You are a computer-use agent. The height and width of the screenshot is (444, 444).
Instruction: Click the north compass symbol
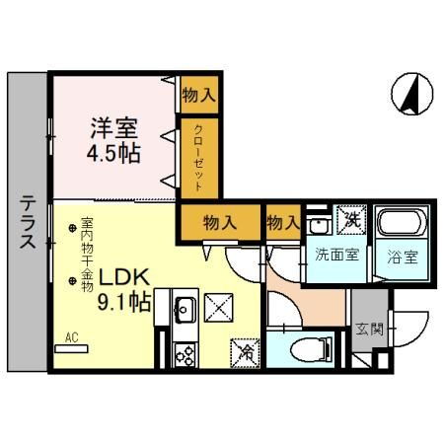411,94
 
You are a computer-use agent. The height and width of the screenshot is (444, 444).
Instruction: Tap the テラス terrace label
28,222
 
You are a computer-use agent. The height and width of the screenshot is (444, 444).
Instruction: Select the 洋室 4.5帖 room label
113,140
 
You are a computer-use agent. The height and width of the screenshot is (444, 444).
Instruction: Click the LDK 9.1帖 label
124,289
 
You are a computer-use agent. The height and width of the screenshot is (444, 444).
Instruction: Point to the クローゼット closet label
198,158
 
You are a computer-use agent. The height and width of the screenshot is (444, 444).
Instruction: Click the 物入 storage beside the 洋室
199,96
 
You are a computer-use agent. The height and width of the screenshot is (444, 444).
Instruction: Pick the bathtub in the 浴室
402,223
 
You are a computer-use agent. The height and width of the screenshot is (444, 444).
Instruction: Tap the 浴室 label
403,257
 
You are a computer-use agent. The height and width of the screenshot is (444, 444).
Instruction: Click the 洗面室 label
336,255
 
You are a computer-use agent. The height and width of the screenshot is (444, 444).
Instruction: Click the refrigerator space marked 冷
245,353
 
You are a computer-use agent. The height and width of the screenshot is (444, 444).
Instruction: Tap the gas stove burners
185,355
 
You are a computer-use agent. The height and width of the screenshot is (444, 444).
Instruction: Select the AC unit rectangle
71,348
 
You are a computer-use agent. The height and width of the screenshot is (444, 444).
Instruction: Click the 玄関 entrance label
370,329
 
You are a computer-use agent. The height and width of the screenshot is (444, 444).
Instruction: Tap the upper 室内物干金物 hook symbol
72,228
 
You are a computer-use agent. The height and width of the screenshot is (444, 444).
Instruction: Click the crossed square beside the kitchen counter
219,308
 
